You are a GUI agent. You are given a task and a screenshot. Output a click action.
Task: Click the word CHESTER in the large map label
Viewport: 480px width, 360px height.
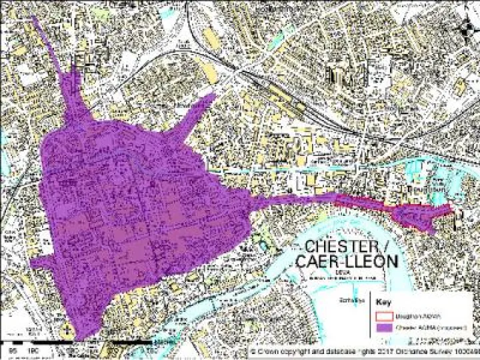[340, 246]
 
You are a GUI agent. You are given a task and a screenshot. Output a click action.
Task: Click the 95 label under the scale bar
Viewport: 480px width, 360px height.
[11, 349]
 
